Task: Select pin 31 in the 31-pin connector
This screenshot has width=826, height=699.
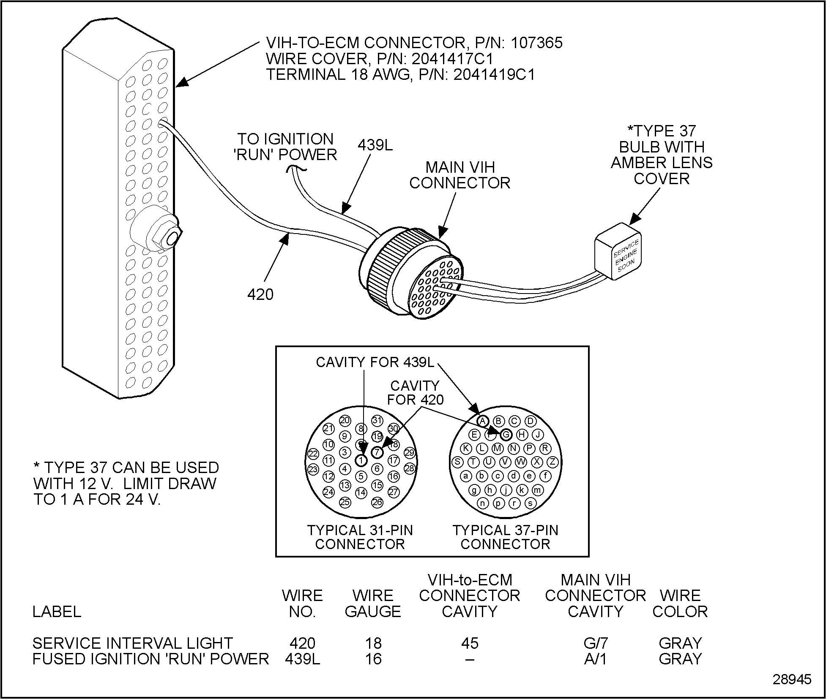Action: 377,420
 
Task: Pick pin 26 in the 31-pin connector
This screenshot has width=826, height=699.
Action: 377,502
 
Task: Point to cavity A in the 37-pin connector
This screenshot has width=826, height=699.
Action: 483,421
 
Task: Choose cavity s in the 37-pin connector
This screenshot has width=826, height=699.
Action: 530,503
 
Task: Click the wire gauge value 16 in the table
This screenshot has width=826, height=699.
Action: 373,658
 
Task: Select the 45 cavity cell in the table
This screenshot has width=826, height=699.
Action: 470,643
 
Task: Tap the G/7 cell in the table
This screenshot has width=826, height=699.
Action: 595,643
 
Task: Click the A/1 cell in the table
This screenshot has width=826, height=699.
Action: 595,658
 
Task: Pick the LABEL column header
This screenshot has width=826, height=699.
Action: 57,611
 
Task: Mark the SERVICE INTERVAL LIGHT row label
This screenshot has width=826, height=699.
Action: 132,643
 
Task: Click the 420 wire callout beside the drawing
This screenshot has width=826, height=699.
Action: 260,294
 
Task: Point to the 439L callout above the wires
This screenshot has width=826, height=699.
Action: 375,145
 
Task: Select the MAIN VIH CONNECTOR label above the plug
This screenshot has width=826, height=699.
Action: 459,175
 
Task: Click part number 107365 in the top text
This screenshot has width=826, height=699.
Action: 536,43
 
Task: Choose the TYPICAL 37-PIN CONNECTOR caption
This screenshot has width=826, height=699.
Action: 505,537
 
